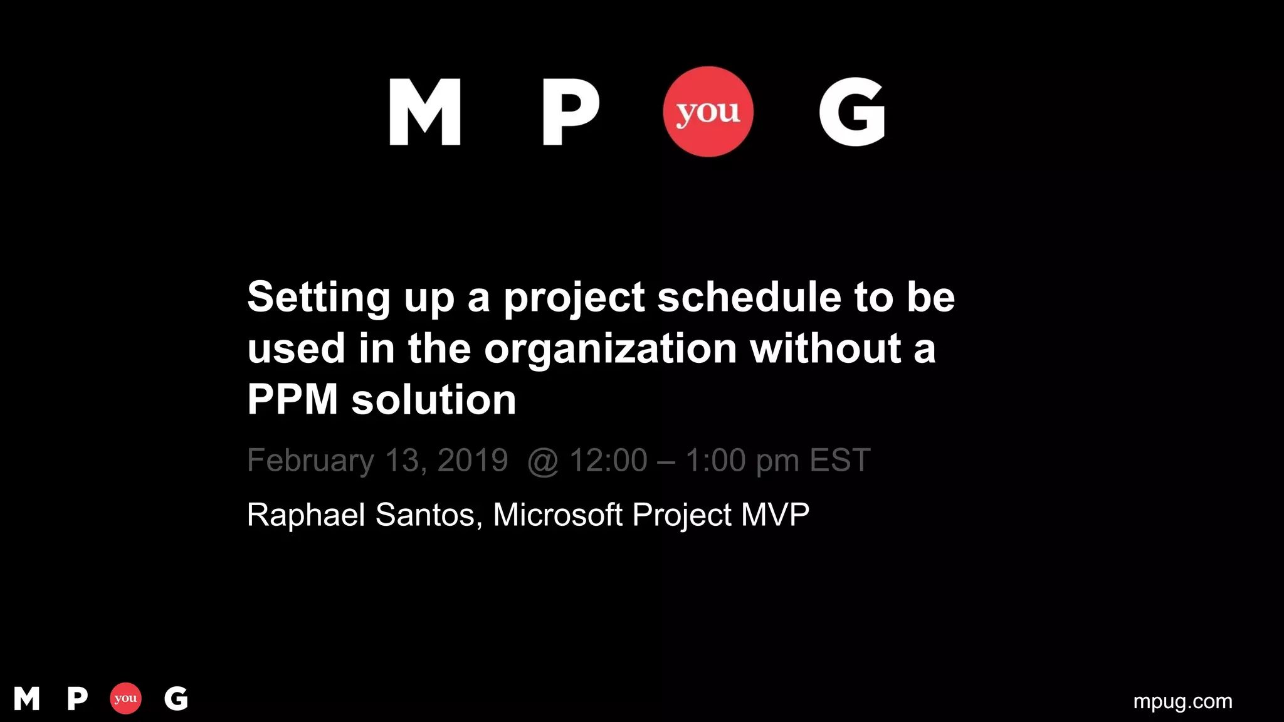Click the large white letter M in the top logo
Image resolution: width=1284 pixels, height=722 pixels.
425,112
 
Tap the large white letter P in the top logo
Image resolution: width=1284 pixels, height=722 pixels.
570,112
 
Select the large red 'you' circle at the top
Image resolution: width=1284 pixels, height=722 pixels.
708,112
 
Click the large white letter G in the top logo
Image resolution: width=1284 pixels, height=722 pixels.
852,112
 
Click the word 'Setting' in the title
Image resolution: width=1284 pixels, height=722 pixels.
319,298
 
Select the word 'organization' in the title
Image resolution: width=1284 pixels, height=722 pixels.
610,349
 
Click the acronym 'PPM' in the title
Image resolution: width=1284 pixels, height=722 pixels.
293,399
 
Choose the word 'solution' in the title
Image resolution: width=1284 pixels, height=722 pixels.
434,400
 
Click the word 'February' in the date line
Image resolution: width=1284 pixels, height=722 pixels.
310,461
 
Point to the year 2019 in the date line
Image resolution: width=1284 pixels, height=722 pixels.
473,460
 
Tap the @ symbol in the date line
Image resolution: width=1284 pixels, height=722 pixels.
543,462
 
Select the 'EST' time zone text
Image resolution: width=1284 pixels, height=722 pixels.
840,460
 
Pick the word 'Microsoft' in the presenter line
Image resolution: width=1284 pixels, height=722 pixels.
558,515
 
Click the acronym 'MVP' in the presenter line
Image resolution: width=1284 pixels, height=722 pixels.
775,515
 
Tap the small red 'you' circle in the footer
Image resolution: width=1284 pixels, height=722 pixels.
125,698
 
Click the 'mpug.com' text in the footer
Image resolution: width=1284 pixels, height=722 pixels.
1182,701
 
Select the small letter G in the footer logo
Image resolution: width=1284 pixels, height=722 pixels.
176,698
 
